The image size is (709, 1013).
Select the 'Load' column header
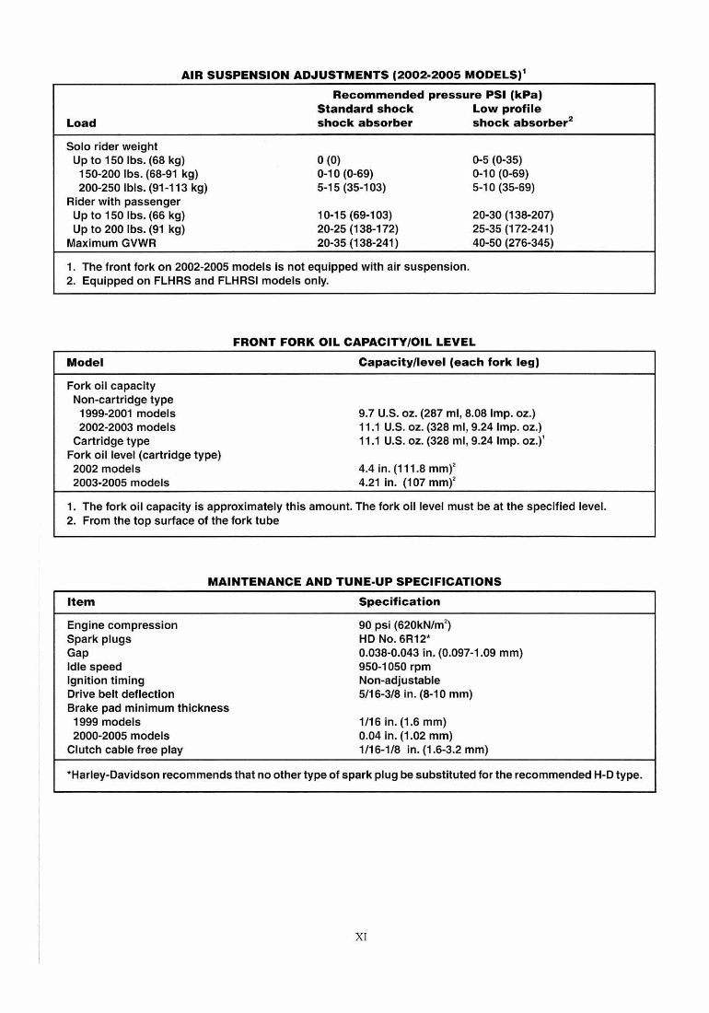click(x=81, y=122)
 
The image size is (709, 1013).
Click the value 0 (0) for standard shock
click(x=329, y=160)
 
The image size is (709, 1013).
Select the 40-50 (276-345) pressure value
click(x=513, y=243)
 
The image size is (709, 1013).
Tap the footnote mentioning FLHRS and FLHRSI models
click(x=197, y=281)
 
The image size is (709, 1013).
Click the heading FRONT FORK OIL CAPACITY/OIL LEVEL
click(x=354, y=343)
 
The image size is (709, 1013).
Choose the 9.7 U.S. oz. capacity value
click(x=447, y=413)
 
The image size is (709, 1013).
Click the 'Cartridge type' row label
click(x=110, y=441)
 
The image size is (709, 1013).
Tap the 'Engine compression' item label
click(x=122, y=625)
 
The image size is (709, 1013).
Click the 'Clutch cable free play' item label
click(x=125, y=750)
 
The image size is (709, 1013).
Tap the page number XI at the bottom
click(x=361, y=937)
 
